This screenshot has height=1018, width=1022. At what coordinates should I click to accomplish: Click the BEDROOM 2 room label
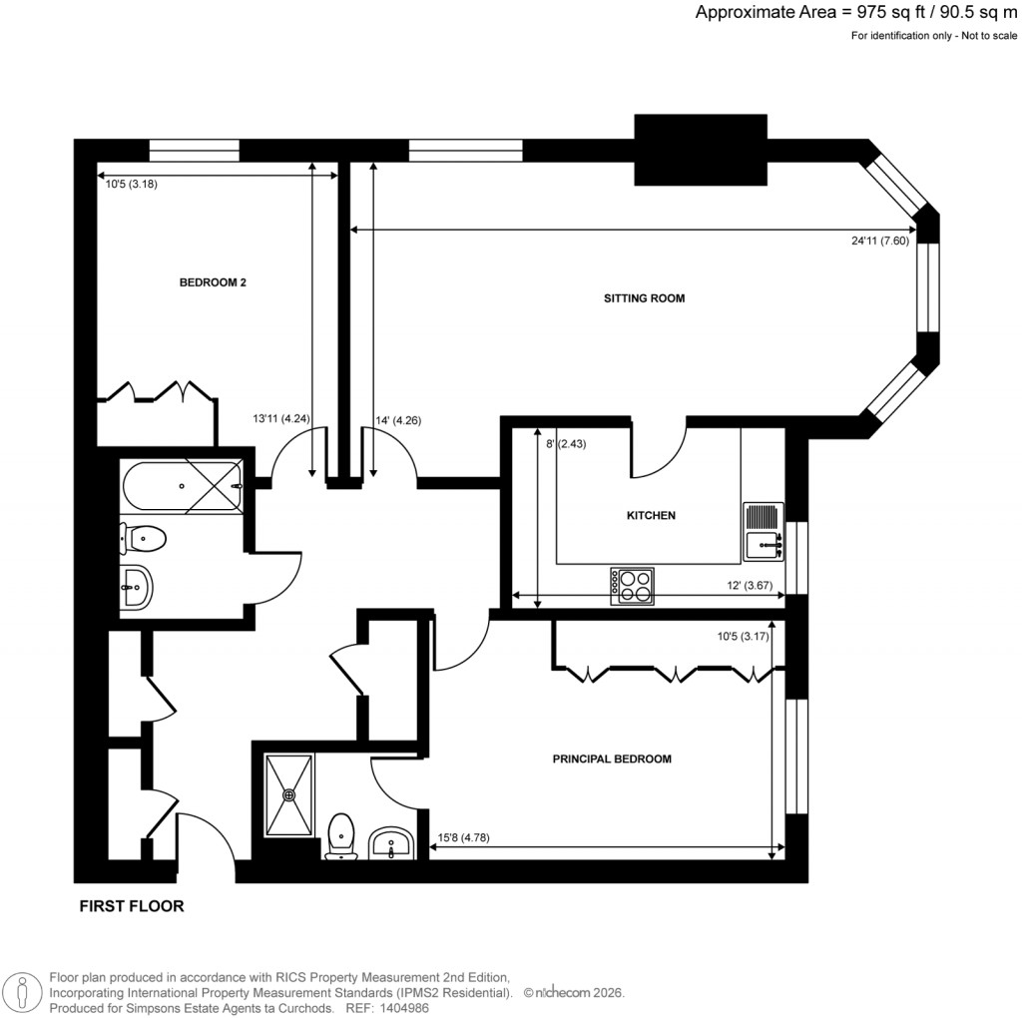[x=212, y=282]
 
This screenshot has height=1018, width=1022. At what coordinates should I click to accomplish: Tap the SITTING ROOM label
[x=644, y=298]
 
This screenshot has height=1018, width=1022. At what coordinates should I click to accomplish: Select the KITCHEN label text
[x=651, y=516]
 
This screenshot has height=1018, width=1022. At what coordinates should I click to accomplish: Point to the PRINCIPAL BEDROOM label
[x=612, y=760]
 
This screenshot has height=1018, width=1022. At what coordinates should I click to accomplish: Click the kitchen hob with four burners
[x=633, y=586]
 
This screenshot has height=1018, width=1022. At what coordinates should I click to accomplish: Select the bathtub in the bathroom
[x=181, y=488]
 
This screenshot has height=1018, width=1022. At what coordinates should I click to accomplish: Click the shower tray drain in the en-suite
[x=289, y=795]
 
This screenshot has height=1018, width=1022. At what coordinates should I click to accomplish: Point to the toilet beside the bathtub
[x=144, y=539]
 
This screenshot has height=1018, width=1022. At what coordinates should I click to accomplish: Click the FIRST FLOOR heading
[x=131, y=907]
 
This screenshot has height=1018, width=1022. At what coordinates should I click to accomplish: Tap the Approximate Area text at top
[x=855, y=13]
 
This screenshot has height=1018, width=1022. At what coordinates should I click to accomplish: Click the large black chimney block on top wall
[x=701, y=150]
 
